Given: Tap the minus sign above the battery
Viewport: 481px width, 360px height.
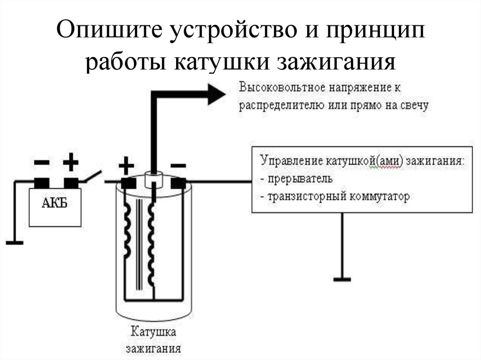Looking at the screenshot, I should point(41,163).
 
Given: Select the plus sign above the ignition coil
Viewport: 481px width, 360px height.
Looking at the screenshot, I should point(125,166).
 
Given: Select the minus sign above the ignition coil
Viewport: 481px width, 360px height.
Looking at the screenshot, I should point(178,166).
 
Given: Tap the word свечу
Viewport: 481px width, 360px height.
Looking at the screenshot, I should point(414,105).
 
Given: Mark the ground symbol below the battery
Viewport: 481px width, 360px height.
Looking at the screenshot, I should point(15,243).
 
